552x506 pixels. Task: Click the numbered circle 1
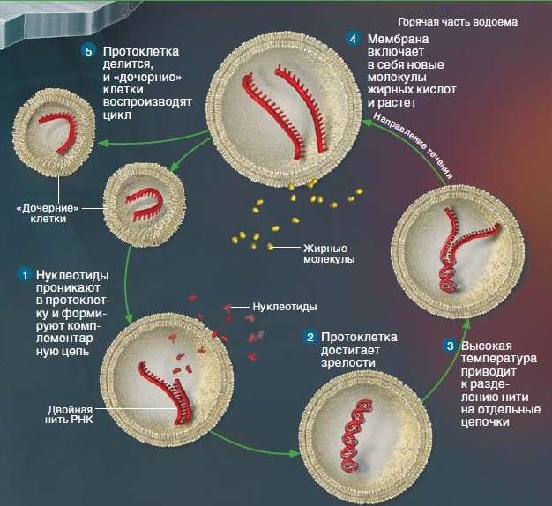(x=25, y=275)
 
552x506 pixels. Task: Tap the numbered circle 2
(x=310, y=338)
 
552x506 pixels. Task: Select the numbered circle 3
(x=451, y=346)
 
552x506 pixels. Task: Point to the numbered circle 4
(x=353, y=39)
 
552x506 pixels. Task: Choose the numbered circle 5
(x=89, y=51)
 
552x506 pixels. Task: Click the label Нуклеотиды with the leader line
(x=285, y=307)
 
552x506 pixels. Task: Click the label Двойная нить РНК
(x=69, y=414)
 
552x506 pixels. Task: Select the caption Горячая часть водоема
(x=458, y=22)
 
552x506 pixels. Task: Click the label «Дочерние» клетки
(x=48, y=213)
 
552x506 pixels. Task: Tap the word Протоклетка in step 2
(x=359, y=337)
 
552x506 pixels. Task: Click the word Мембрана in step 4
(x=399, y=39)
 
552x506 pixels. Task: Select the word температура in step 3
(x=499, y=359)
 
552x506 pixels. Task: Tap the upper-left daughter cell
(x=54, y=132)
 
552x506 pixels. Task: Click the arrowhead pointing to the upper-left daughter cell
(x=101, y=143)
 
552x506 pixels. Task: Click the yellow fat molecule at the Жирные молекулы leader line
(x=270, y=246)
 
